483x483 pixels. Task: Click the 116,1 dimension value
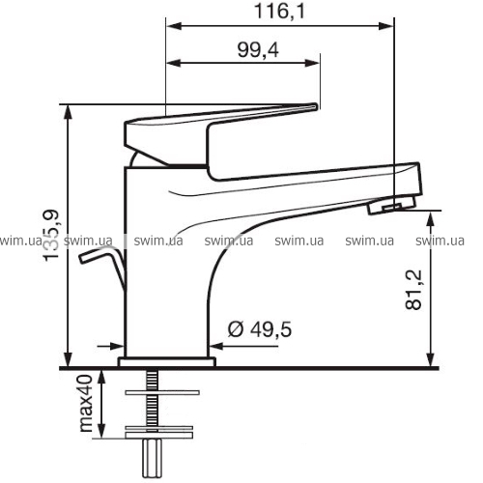pos(279,12)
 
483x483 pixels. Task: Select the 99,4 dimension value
pos(258,50)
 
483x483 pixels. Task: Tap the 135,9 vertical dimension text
pos(51,236)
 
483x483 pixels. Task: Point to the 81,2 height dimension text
pos(413,290)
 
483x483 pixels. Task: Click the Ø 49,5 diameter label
pos(260,329)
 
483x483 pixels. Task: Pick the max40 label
pos(86,403)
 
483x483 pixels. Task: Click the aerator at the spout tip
pos(392,205)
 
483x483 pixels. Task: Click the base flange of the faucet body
pos(167,362)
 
